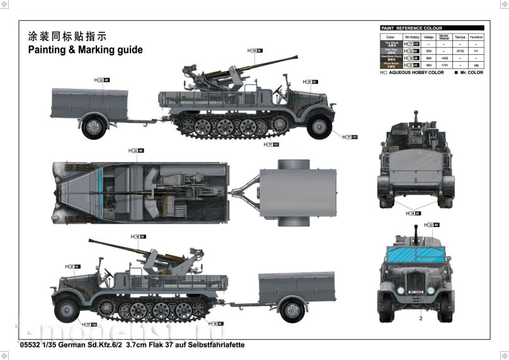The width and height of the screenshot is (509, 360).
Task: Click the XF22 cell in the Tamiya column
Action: coord(459,50)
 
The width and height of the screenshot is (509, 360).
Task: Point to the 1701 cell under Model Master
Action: coord(443,64)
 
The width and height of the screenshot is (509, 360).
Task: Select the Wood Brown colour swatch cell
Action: coord(389,64)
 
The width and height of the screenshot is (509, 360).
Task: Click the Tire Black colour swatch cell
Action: coord(389,44)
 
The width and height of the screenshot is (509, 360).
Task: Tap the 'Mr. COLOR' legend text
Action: coord(471,73)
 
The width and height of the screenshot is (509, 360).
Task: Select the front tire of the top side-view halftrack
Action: coord(320,127)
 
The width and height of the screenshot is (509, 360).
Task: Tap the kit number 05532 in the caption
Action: coord(31,345)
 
